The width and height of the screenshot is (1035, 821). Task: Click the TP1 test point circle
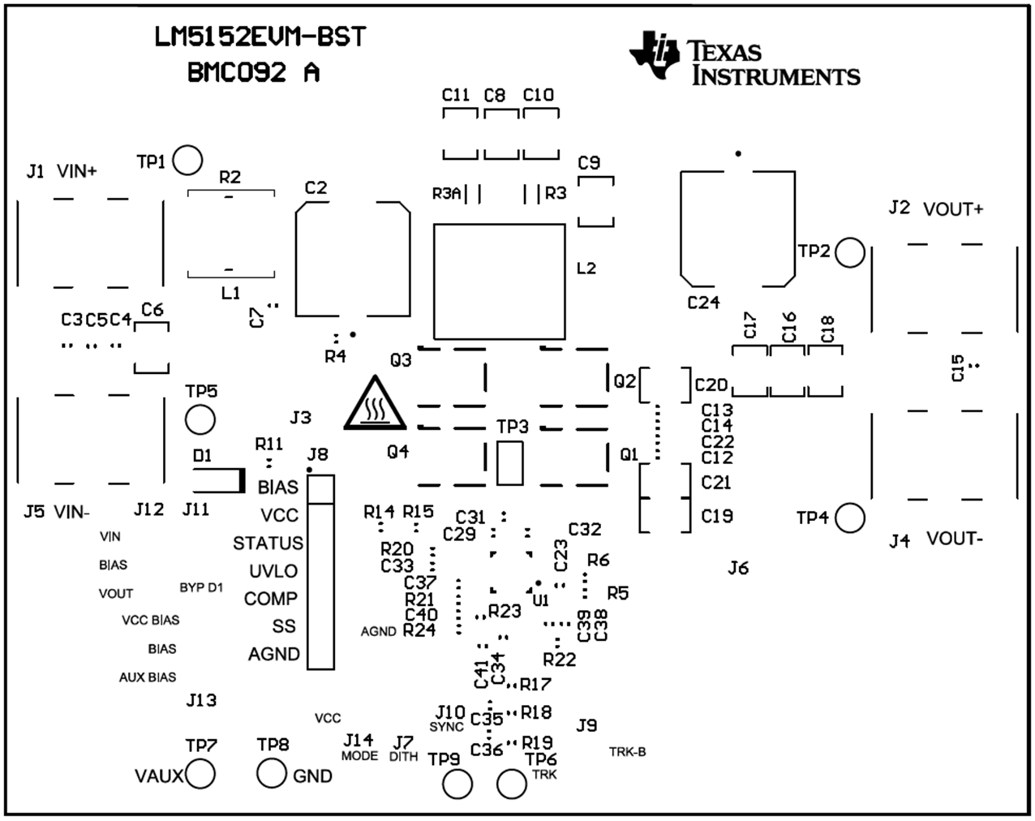point(187,161)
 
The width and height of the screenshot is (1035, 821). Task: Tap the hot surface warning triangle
point(374,403)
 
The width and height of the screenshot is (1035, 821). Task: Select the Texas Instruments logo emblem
point(655,56)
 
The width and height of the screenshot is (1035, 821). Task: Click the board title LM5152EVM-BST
point(260,37)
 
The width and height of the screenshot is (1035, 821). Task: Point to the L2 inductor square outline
point(499,282)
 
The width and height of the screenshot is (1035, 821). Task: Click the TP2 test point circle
point(850,252)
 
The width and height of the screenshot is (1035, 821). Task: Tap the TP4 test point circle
point(849,517)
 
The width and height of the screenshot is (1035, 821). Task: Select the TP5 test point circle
point(200,419)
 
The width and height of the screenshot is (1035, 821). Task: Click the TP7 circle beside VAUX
point(200,775)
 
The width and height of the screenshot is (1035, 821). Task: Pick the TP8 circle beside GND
point(272,773)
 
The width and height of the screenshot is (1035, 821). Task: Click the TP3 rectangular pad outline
point(509,463)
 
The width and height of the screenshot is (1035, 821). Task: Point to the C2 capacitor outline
point(352,259)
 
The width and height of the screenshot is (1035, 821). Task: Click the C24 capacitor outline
point(737,228)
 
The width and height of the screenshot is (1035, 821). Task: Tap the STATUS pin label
point(268,543)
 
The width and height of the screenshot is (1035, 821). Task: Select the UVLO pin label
point(273,571)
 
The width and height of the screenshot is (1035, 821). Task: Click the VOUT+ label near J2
point(953,209)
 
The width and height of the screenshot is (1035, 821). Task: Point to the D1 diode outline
point(218,480)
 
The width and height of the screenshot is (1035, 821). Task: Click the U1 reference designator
point(540,600)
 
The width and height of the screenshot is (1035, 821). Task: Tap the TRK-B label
point(627,752)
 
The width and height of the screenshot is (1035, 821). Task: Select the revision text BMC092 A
point(253,73)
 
